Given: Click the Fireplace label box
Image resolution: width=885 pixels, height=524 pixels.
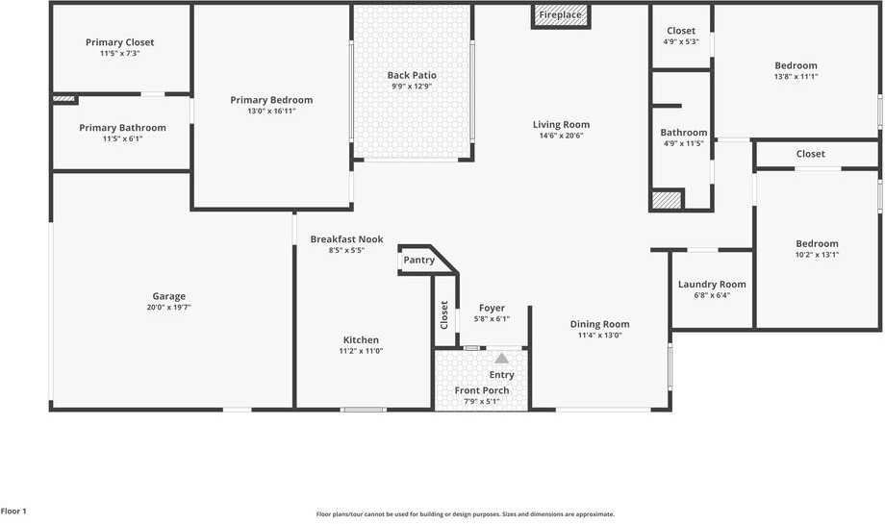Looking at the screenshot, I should (x=561, y=15).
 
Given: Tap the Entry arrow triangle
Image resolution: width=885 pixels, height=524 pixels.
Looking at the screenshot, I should (x=501, y=358).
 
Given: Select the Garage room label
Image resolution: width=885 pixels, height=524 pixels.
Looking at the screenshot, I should (x=169, y=296).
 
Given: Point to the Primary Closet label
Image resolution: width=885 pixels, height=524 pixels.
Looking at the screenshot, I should (x=119, y=42).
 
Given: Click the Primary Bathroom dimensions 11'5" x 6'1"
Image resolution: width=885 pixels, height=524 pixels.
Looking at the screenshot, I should (x=122, y=139).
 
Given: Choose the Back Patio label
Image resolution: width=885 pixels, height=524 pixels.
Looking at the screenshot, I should (x=412, y=75).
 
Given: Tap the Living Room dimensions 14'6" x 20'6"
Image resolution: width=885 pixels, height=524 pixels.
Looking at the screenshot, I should (x=562, y=136).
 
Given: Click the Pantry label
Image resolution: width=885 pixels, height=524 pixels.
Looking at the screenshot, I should (x=419, y=260).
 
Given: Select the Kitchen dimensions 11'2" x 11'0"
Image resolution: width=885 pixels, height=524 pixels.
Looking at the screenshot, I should (x=361, y=351).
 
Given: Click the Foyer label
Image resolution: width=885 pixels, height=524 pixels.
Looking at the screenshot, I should (x=492, y=308).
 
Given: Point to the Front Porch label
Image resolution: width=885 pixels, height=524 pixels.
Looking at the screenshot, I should (x=482, y=390).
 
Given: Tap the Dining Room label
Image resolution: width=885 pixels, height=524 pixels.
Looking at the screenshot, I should (x=599, y=324).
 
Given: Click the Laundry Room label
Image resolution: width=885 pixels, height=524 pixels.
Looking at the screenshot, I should (x=712, y=284).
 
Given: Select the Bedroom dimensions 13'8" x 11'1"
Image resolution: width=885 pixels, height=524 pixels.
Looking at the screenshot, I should (x=796, y=77).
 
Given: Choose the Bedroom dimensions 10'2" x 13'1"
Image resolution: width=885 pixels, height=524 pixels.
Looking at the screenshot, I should (x=817, y=255).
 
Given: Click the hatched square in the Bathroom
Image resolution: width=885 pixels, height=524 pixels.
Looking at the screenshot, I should (x=667, y=200).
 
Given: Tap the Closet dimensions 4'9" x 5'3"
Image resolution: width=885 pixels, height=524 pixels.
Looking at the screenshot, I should (x=681, y=41).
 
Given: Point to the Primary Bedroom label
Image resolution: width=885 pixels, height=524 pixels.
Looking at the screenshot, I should (x=271, y=100).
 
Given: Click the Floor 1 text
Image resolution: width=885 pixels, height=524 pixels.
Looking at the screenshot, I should (x=13, y=512).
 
